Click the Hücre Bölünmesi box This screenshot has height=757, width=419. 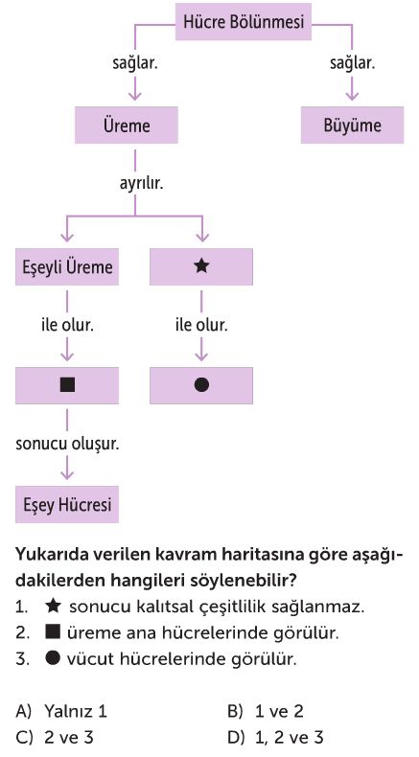(244, 22)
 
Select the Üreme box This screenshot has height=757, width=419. (127, 126)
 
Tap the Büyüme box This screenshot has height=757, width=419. (352, 126)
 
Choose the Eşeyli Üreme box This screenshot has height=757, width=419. (67, 267)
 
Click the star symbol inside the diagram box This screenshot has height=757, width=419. (201, 266)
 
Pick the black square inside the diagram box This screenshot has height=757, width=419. (67, 385)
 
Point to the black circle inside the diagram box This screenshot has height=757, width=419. (201, 385)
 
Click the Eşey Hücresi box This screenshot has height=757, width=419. (67, 504)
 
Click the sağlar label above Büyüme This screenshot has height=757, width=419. (352, 63)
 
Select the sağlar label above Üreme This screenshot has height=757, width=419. (135, 63)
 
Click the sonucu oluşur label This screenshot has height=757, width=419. (67, 444)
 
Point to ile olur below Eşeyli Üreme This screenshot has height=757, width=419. (67, 325)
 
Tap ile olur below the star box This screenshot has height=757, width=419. (201, 325)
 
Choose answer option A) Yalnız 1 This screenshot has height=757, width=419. (61, 711)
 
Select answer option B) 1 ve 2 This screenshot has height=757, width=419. (266, 711)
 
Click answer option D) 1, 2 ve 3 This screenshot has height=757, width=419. (275, 737)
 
